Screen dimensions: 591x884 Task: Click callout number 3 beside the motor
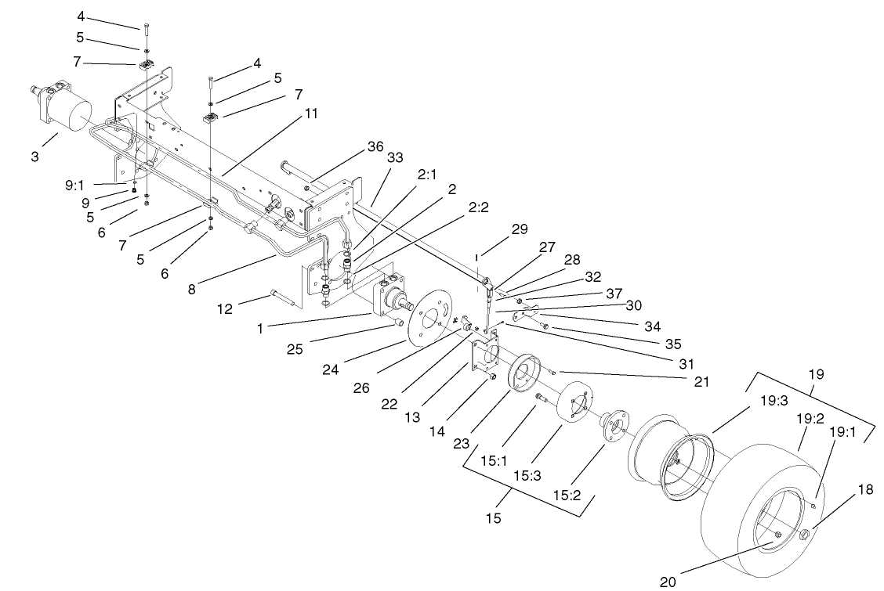tap(34, 157)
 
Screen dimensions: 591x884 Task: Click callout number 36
tap(376, 146)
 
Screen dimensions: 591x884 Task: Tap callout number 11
tap(311, 114)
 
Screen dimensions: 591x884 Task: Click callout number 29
tap(520, 229)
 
